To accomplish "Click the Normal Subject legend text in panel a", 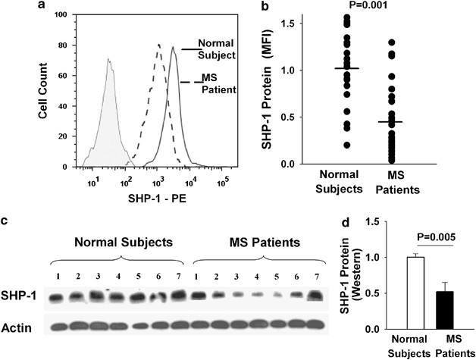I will [218, 49].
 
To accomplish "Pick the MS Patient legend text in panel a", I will [220, 83].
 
